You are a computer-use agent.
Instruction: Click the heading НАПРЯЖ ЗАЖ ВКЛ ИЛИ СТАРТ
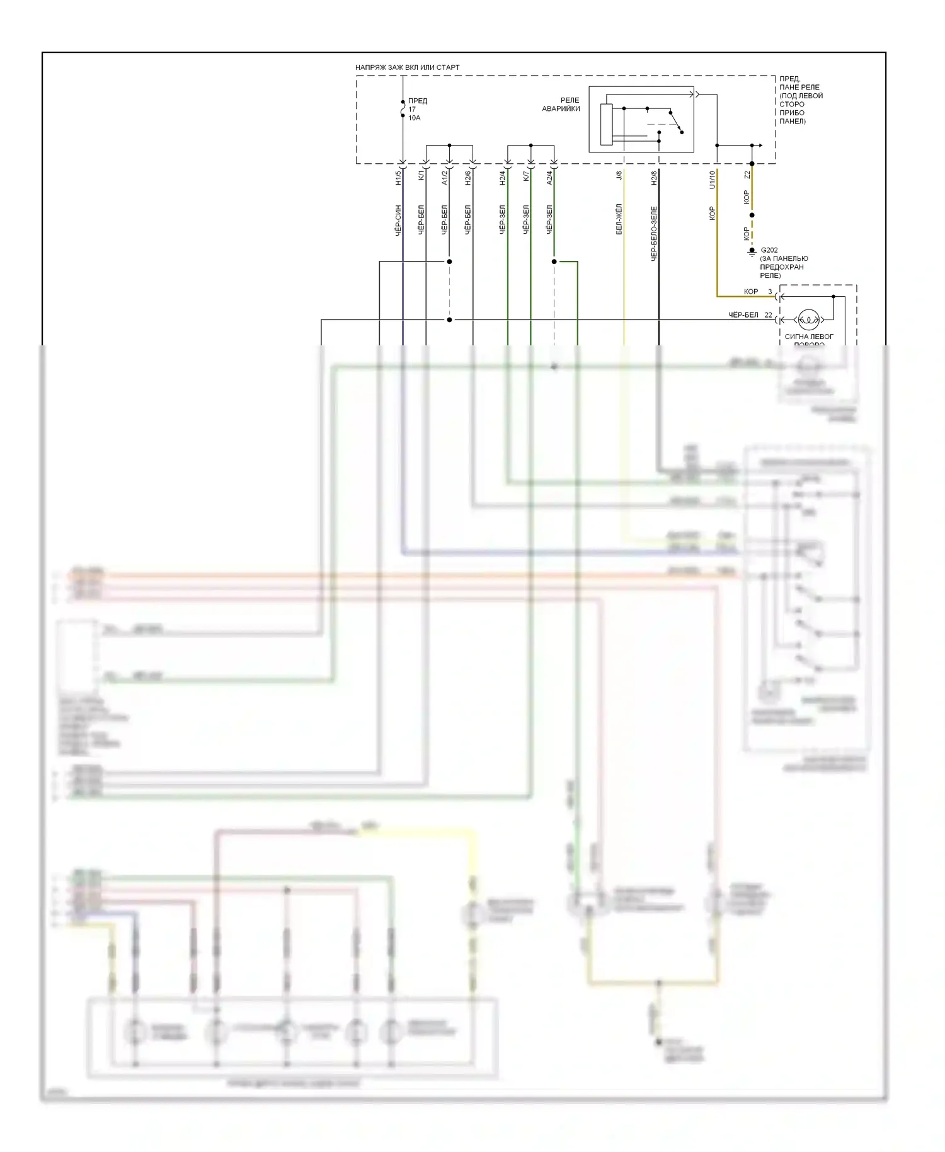(407, 67)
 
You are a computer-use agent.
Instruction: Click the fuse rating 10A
(414, 118)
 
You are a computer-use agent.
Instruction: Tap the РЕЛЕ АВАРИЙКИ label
(561, 105)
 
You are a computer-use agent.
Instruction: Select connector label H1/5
(398, 178)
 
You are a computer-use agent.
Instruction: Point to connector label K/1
(421, 175)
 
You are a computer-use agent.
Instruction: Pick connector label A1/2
(445, 178)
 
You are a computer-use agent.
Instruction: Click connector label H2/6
(468, 178)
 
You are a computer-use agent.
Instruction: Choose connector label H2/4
(503, 178)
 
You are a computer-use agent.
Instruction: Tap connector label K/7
(526, 175)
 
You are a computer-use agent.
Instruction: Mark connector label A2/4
(549, 178)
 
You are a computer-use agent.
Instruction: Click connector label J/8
(619, 175)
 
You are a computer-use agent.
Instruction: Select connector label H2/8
(654, 178)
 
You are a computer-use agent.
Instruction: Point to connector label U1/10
(713, 180)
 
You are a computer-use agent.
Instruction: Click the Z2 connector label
(747, 175)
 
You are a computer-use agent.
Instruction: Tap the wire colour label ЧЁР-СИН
(398, 221)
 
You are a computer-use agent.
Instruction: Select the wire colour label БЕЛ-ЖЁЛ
(619, 219)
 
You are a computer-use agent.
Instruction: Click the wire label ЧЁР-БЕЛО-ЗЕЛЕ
(654, 233)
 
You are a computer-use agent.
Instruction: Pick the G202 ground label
(769, 250)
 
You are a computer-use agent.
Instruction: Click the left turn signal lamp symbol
(808, 320)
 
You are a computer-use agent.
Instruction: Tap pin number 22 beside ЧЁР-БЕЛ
(768, 315)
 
